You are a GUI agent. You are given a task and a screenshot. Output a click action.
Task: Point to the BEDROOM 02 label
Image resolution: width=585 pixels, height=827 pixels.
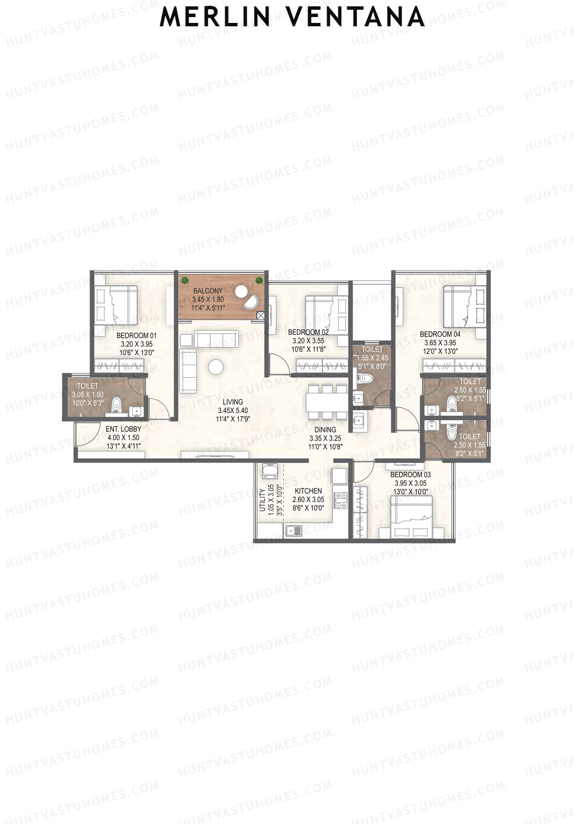(x=308, y=332)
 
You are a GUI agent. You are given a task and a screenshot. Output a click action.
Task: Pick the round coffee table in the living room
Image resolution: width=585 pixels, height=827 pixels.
(x=215, y=367)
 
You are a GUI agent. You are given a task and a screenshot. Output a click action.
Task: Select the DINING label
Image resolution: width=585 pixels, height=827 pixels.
(x=325, y=430)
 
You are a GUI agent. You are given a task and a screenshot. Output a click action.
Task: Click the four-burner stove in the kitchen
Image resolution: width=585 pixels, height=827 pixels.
(x=341, y=500)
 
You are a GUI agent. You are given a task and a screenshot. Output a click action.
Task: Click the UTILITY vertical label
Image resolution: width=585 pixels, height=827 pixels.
(x=262, y=500)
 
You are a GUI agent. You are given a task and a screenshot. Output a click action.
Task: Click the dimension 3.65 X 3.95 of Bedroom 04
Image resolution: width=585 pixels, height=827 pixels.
(x=440, y=343)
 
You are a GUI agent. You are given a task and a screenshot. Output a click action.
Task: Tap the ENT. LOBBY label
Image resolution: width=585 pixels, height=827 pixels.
(x=123, y=429)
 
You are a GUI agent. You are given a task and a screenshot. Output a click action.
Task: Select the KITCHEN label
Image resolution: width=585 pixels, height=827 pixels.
(x=308, y=491)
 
